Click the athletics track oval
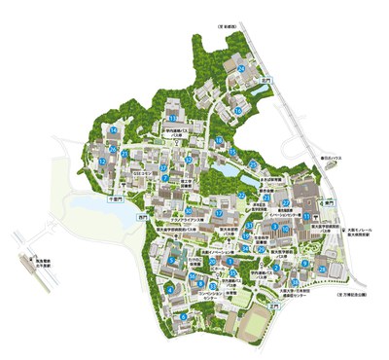click(x=256, y=324)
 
